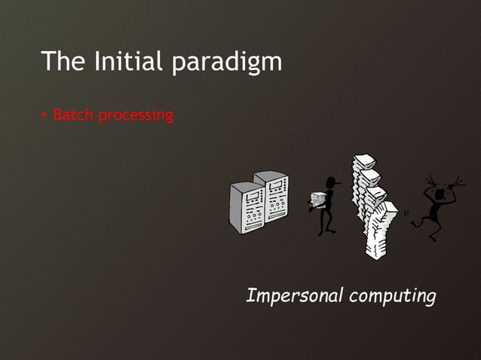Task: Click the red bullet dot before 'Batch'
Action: (45, 116)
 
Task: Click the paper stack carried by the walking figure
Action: (318, 201)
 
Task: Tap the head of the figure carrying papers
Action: (330, 183)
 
